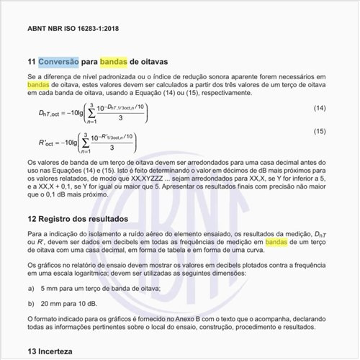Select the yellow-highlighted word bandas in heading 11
pyautogui.click(x=113, y=62)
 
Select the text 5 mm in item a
pyautogui.click(x=52, y=288)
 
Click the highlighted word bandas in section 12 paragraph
pyautogui.click(x=276, y=243)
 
